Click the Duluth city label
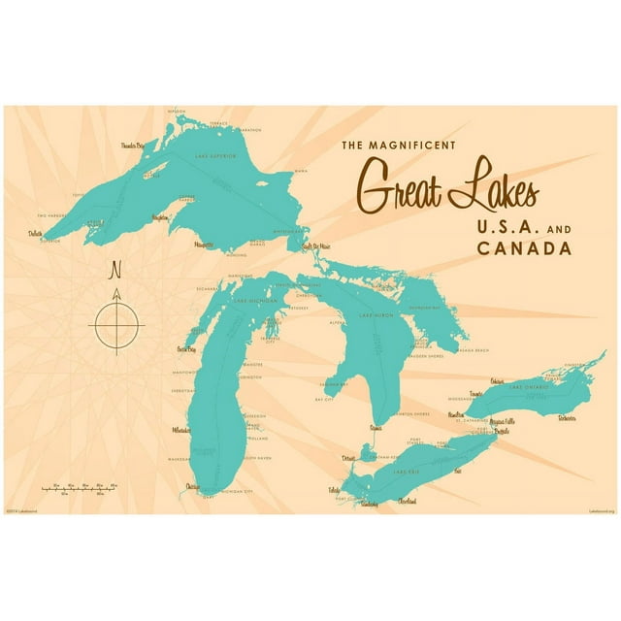point(36,234)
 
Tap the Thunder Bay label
point(139,146)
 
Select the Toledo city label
point(336,490)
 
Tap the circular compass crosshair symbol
point(116,321)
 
